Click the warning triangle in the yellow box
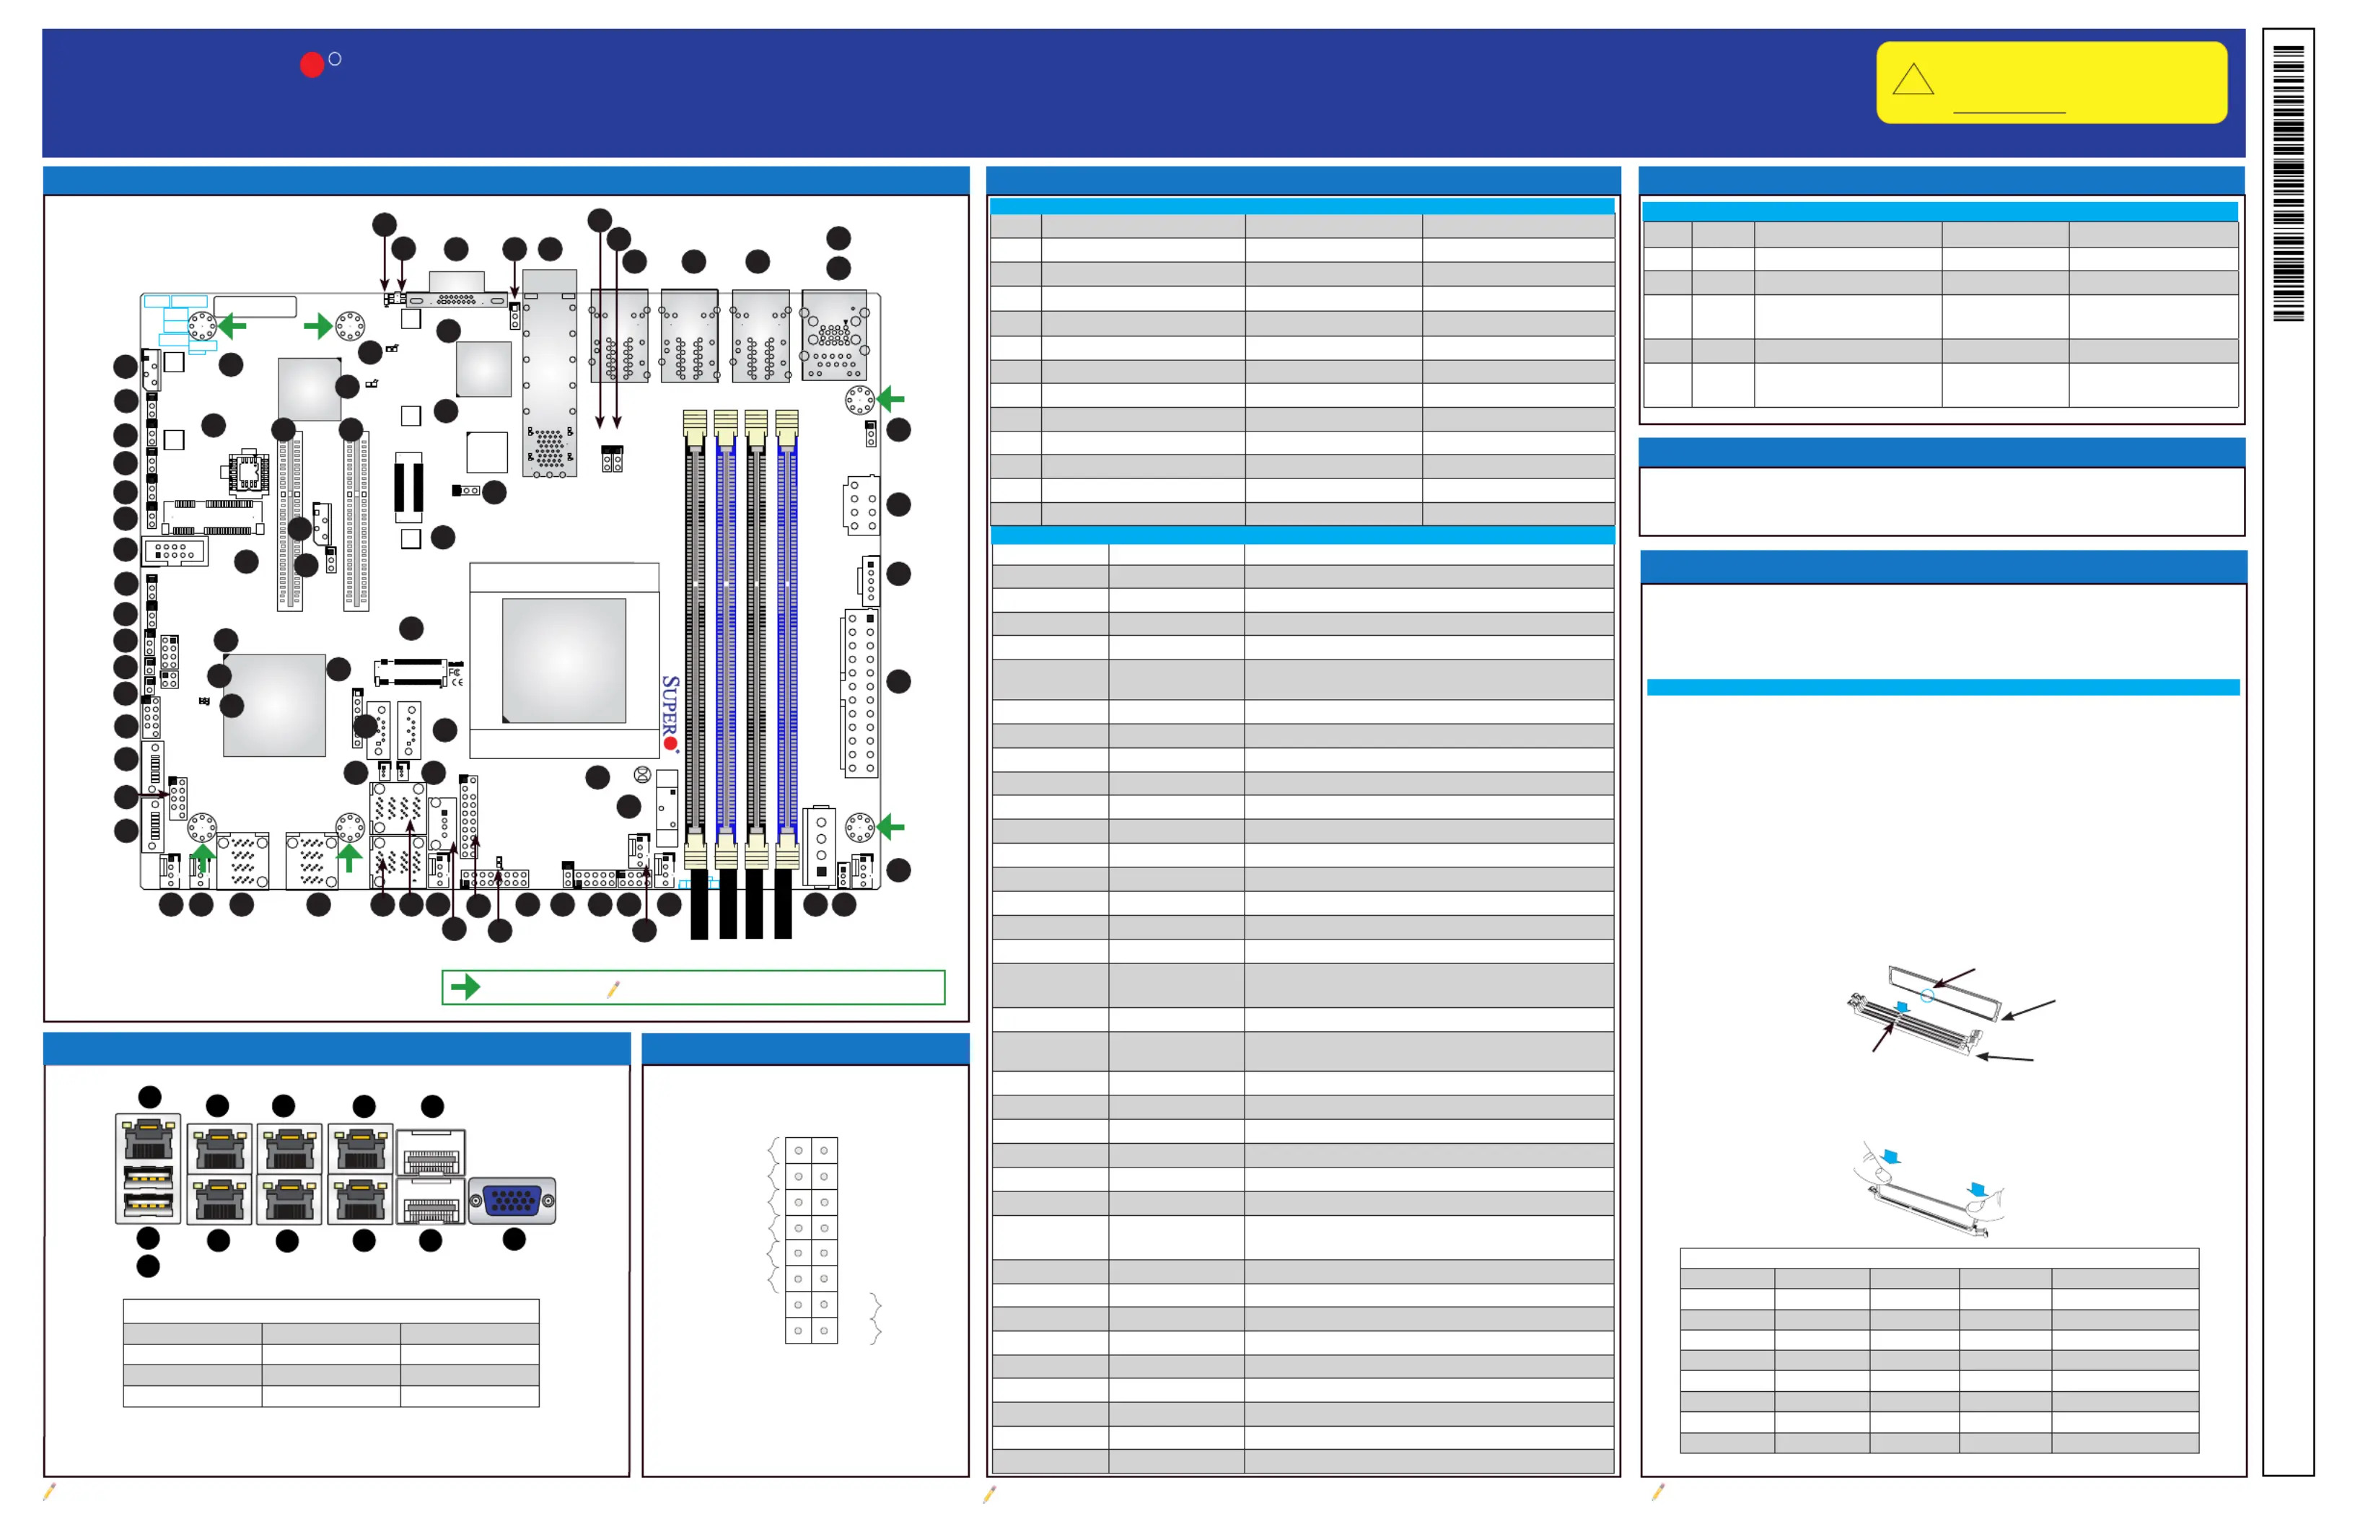1912,80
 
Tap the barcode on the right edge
2288,183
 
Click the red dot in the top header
312,64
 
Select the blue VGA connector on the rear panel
512,1201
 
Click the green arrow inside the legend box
465,986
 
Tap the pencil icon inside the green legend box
613,989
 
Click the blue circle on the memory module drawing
1926,996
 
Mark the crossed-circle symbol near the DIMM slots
642,775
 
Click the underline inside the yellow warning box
2009,113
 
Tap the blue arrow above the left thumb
1891,1156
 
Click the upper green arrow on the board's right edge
890,399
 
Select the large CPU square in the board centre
564,660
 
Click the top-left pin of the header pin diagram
799,1150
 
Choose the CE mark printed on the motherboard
456,682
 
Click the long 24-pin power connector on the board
861,693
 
